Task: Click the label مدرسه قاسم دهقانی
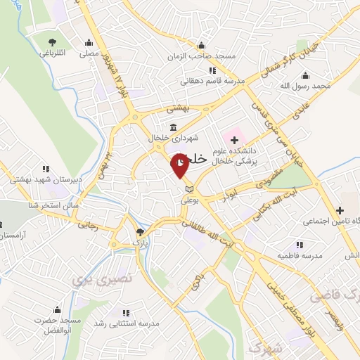click(x=212, y=81)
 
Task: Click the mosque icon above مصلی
click(x=88, y=41)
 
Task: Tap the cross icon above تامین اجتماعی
click(x=340, y=210)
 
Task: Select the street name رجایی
click(x=88, y=226)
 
